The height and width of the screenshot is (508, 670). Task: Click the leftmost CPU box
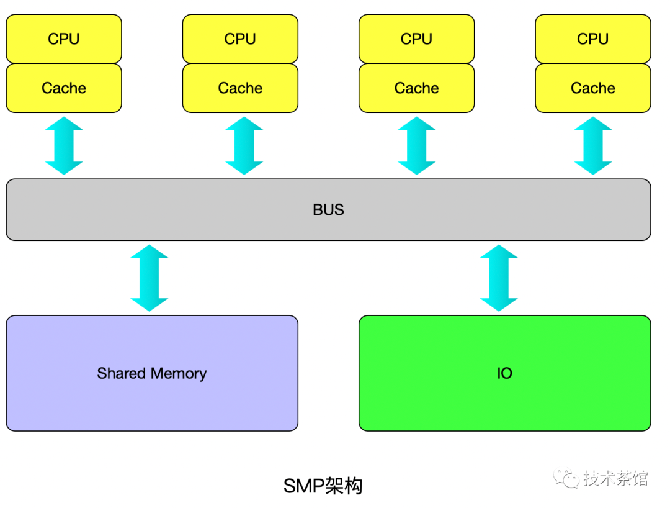(64, 39)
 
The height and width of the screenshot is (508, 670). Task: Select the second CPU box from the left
(240, 39)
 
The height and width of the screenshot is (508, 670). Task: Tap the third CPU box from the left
(416, 39)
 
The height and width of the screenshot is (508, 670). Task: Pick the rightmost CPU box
(592, 39)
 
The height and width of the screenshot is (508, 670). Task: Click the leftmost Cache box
(64, 88)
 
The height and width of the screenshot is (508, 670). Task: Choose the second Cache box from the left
(240, 88)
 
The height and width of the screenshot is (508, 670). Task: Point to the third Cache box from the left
(416, 88)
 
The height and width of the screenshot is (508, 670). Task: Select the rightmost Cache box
(592, 88)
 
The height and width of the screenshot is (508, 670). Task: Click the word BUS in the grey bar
(328, 210)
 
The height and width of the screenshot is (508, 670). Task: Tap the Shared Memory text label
(151, 373)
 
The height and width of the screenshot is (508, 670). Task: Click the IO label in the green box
(504, 373)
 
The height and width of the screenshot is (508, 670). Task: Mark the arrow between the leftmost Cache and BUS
(64, 146)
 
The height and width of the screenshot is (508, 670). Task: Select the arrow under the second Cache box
(244, 146)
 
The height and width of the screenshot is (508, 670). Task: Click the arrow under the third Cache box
(416, 146)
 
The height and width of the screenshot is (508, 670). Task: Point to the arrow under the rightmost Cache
(592, 146)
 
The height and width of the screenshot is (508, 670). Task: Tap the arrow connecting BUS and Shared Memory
(150, 278)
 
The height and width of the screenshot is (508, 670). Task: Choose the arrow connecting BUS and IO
(499, 278)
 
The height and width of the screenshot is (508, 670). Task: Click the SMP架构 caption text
(323, 486)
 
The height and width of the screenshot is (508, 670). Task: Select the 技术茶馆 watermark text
(615, 478)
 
